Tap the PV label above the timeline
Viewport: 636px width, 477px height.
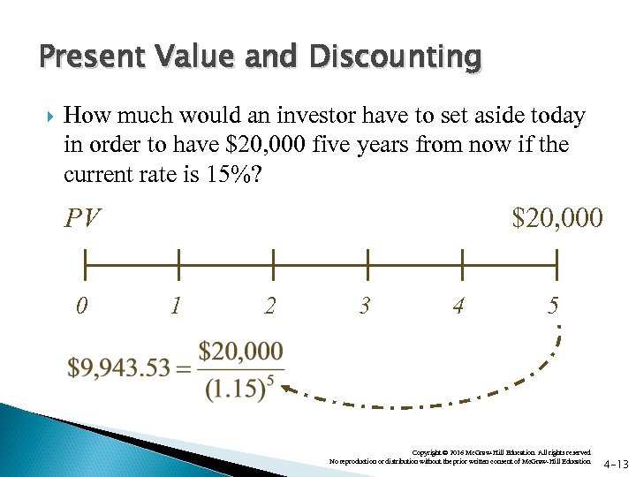[x=83, y=218]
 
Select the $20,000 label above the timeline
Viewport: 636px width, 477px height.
[x=559, y=217]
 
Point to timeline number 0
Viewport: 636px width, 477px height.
[x=81, y=307]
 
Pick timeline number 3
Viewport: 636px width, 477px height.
[x=364, y=307]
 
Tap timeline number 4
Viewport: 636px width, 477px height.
[x=458, y=307]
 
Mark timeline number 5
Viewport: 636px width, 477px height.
[x=553, y=307]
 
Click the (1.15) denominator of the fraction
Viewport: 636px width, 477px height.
[x=233, y=390]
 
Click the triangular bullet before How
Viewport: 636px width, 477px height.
[x=49, y=117]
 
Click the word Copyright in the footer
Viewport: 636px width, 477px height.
[x=427, y=452]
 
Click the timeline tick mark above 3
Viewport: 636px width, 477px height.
[x=367, y=264]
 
